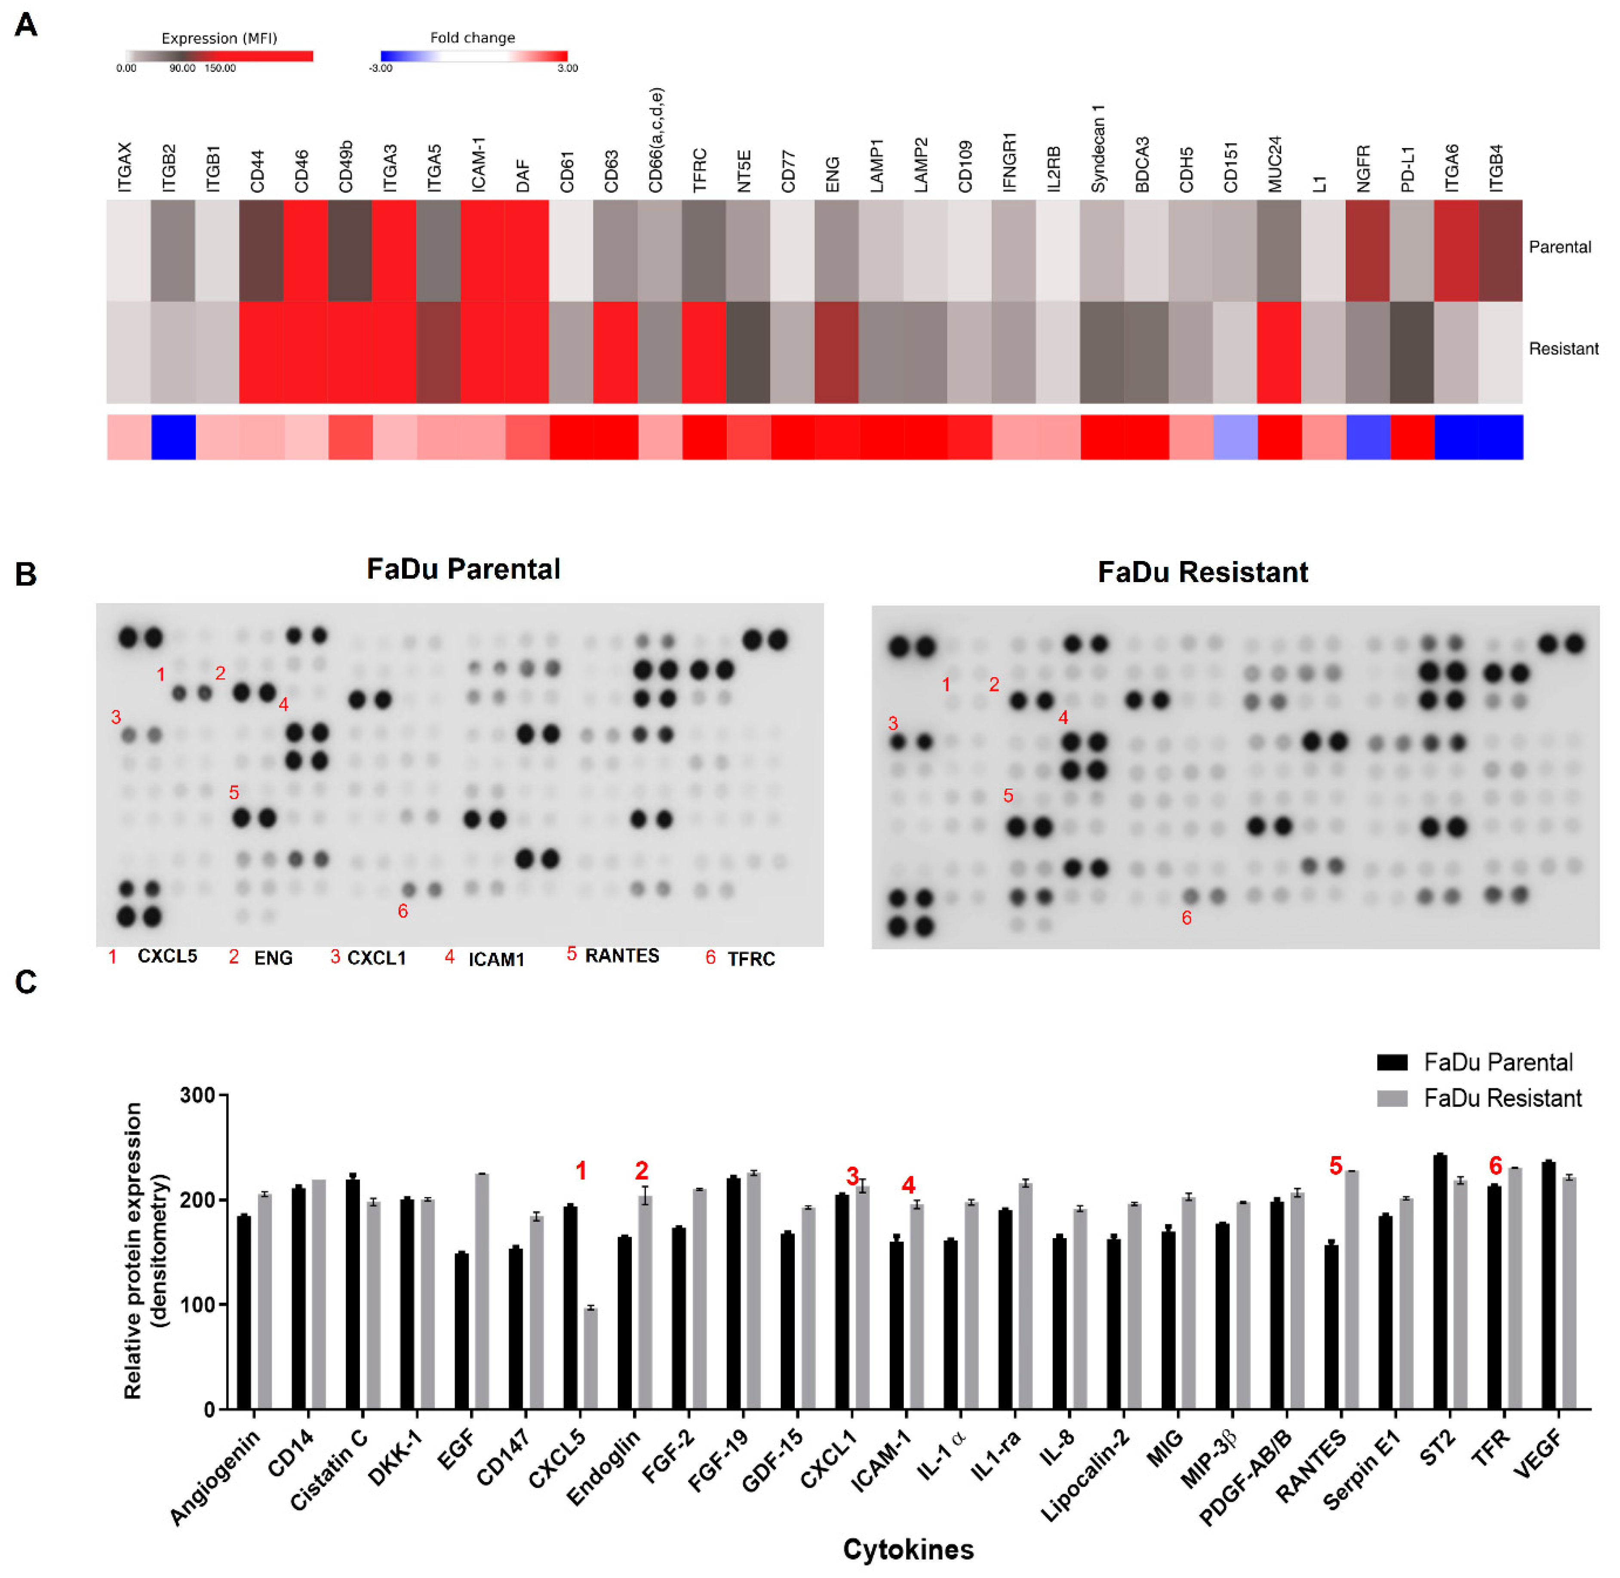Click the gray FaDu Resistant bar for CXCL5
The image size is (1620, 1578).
(x=590, y=1359)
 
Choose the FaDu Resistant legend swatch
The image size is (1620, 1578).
(x=1392, y=1099)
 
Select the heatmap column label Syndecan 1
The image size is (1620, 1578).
(x=1098, y=149)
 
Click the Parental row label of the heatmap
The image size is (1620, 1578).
(x=1559, y=247)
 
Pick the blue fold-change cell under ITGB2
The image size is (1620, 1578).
(x=173, y=437)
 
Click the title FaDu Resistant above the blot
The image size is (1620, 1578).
(x=1202, y=572)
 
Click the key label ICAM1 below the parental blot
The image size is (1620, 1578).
(x=496, y=959)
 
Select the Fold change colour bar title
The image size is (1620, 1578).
(x=472, y=37)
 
